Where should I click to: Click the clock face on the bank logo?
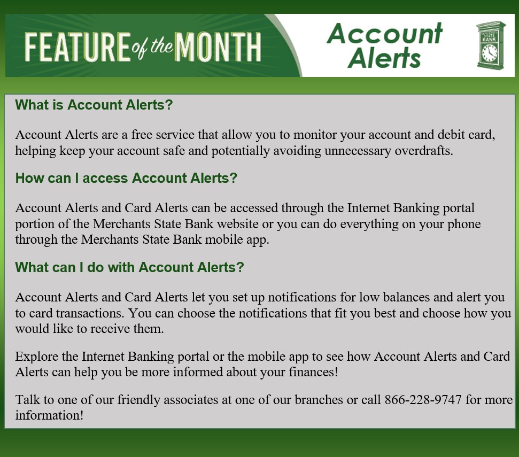[489, 52]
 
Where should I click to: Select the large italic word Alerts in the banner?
[384, 58]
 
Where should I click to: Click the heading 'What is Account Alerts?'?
[94, 105]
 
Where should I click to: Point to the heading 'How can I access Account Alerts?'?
[126, 178]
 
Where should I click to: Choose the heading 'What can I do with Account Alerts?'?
[129, 267]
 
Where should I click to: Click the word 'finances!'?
[312, 372]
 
